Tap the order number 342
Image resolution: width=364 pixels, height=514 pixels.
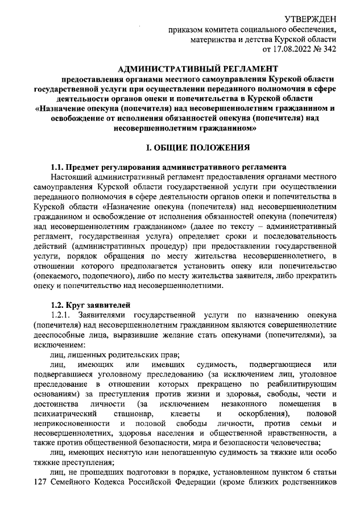click(x=328, y=49)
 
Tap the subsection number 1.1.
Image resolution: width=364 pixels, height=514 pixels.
click(x=57, y=167)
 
